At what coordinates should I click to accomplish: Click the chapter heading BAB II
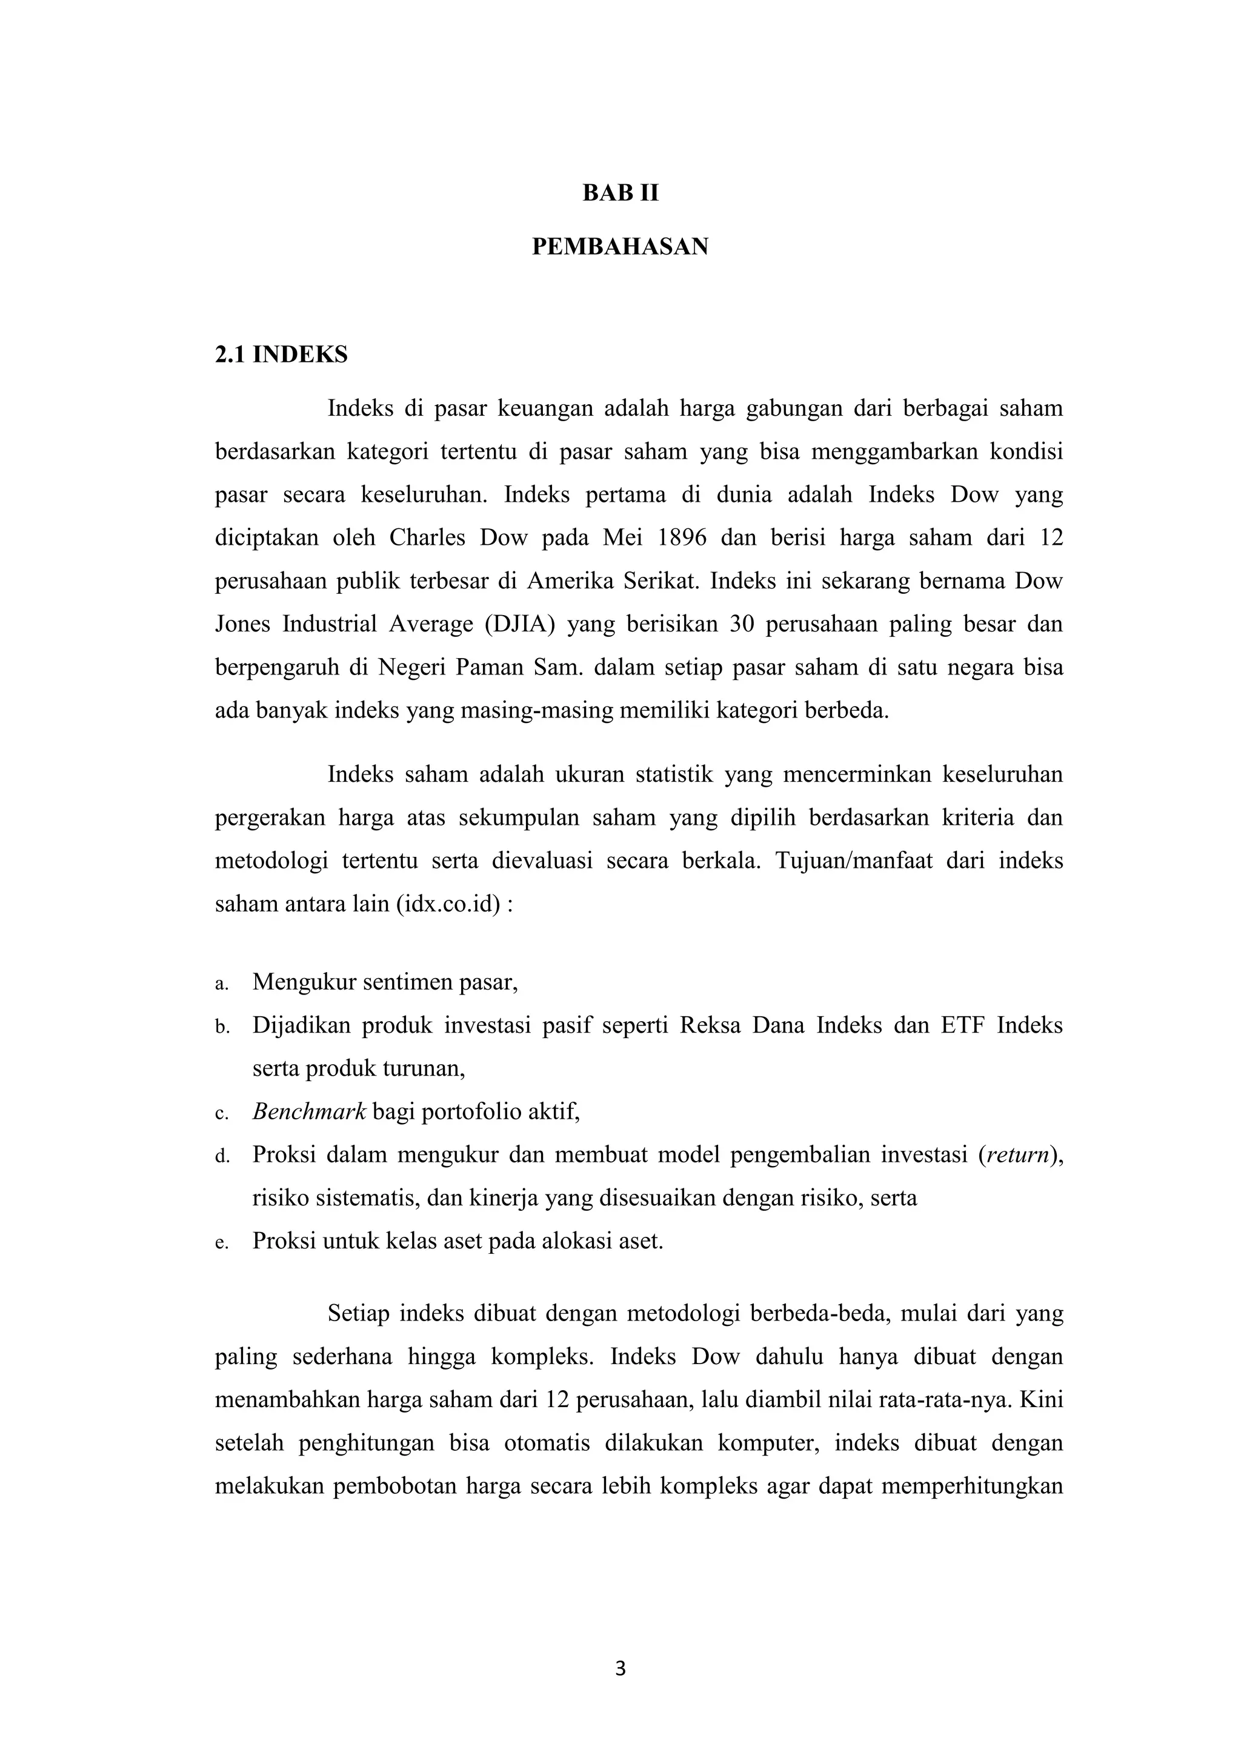[620, 193]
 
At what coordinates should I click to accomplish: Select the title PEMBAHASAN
[620, 247]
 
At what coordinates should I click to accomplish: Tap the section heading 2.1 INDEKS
[281, 355]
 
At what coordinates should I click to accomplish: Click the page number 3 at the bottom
[620, 1668]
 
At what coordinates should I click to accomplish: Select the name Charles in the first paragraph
[427, 538]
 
